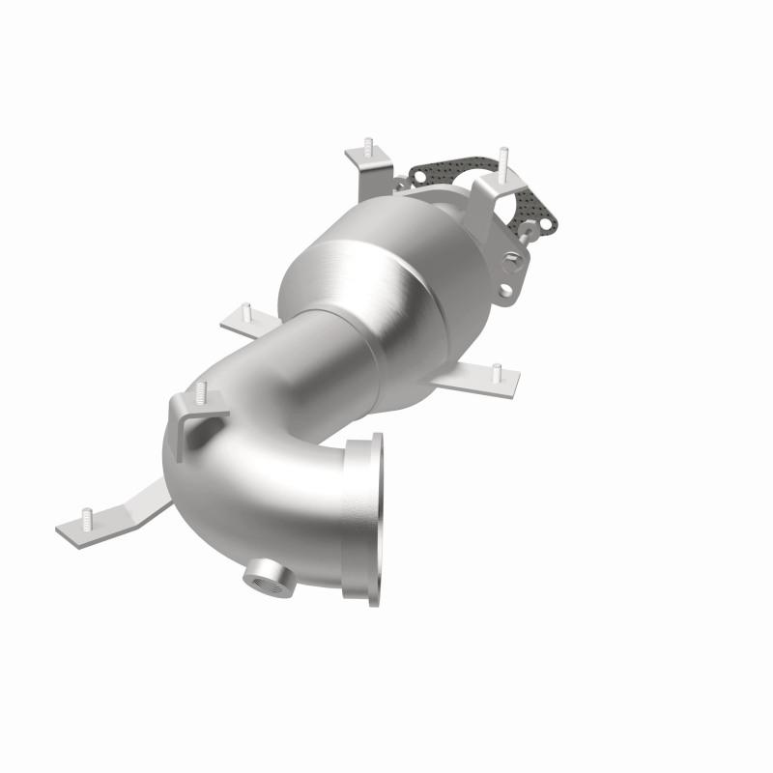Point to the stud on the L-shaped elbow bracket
[201, 392]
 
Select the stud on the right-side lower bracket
[496, 371]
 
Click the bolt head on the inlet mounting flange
[508, 258]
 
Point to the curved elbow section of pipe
[242, 454]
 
